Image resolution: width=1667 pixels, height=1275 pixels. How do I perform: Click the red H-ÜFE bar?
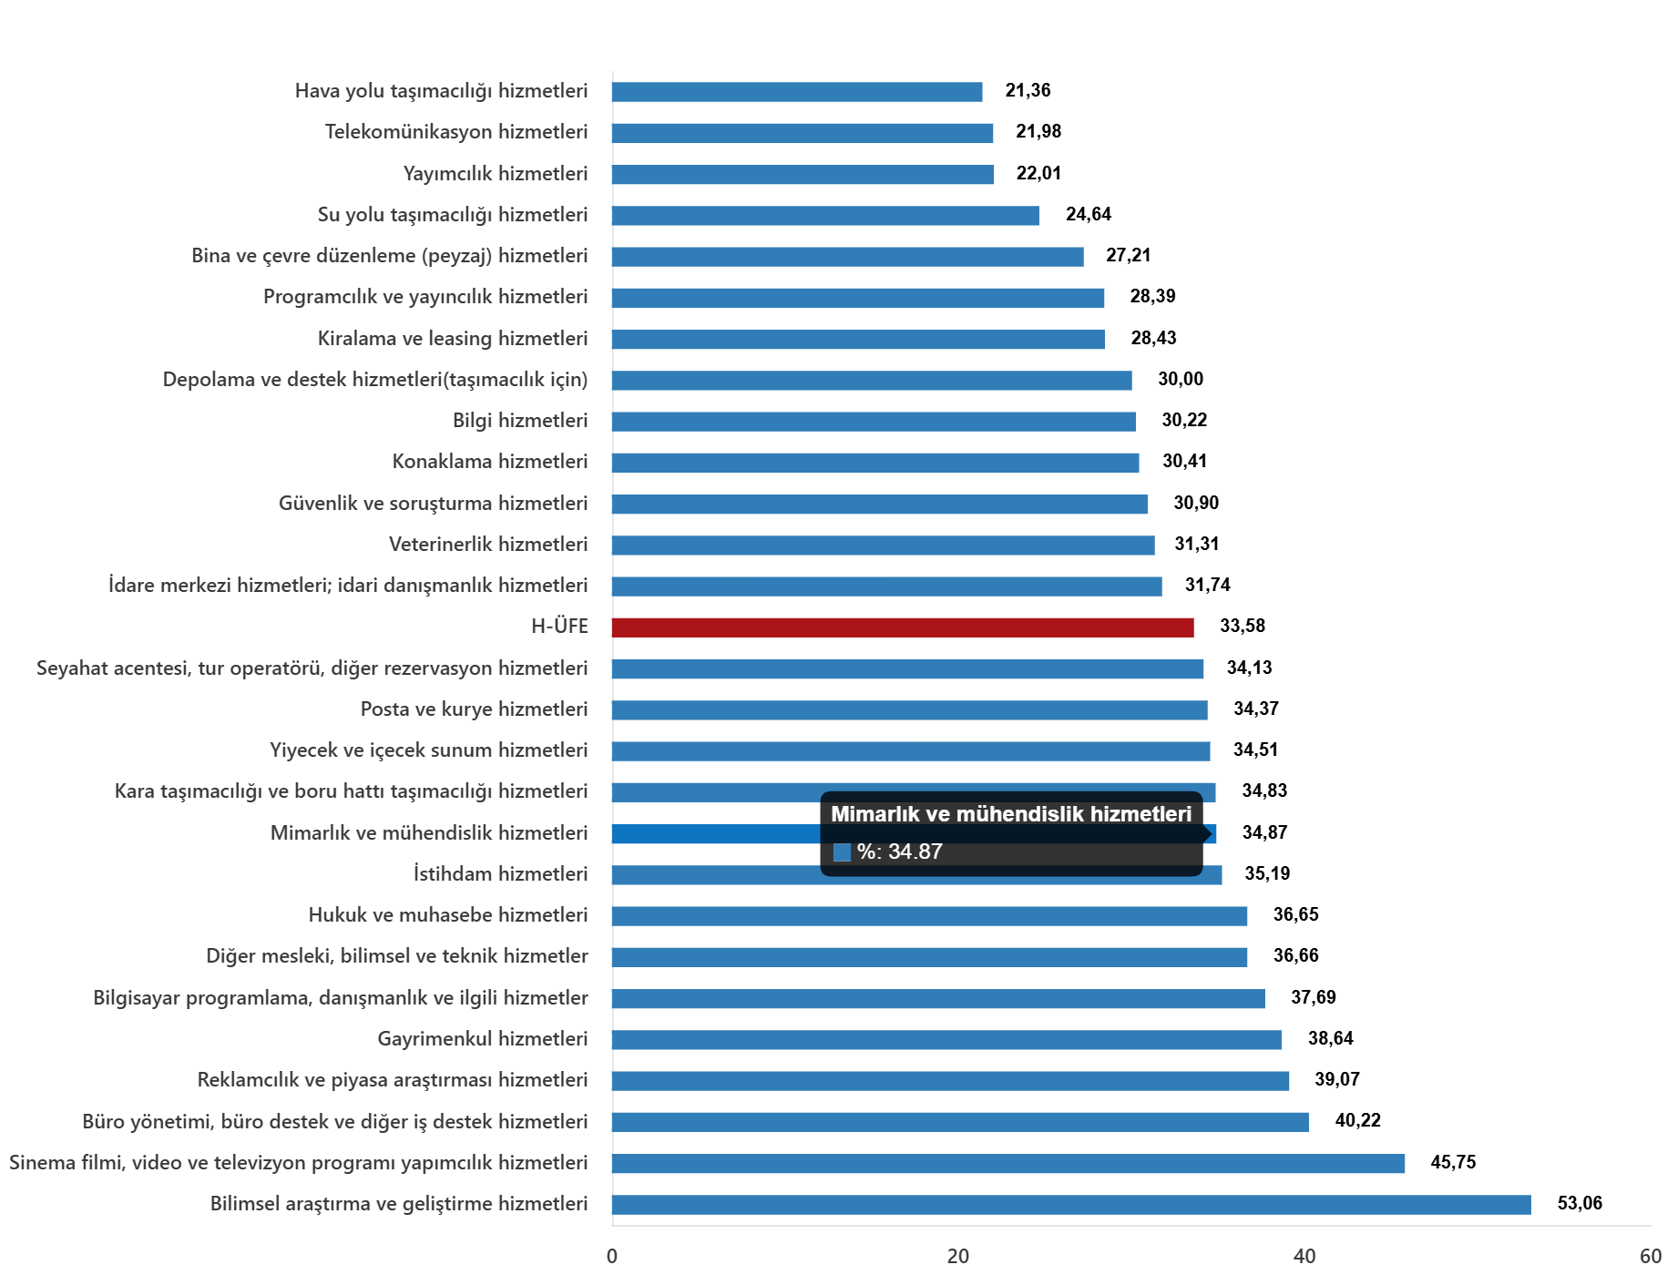click(x=902, y=627)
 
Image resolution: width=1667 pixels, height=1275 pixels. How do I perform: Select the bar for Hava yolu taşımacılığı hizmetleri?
click(x=797, y=92)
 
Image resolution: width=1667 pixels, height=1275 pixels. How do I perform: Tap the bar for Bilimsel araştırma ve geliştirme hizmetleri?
click(x=1070, y=1205)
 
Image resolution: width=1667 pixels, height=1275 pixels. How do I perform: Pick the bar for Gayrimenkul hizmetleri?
click(x=946, y=1040)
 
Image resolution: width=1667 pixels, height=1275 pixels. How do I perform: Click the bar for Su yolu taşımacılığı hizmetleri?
click(x=824, y=216)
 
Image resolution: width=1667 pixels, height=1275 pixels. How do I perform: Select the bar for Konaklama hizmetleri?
click(x=874, y=463)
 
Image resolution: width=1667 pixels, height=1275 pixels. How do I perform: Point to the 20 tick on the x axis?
click(x=957, y=1257)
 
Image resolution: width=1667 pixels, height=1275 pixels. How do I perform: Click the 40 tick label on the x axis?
click(x=1304, y=1257)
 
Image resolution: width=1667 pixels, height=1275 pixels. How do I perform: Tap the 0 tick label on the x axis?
click(x=612, y=1257)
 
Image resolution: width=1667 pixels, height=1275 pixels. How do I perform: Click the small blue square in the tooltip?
click(x=842, y=852)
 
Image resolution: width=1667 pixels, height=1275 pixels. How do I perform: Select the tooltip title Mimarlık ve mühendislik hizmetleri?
click(x=1010, y=814)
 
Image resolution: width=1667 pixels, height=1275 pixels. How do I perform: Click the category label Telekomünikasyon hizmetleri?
click(x=455, y=132)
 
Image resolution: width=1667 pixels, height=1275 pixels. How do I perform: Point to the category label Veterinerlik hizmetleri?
click(x=487, y=545)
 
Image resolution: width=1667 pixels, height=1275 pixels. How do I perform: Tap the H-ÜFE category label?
click(x=559, y=627)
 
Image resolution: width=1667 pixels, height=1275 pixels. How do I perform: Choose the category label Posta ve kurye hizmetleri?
click(x=474, y=709)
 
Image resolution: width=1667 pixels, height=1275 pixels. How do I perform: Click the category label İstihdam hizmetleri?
click(x=500, y=874)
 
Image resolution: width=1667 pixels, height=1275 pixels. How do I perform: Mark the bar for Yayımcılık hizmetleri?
click(x=802, y=175)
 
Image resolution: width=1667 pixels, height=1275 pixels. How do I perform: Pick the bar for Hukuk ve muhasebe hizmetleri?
click(x=929, y=916)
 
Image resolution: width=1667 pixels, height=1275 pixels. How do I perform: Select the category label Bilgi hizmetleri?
click(x=519, y=421)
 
